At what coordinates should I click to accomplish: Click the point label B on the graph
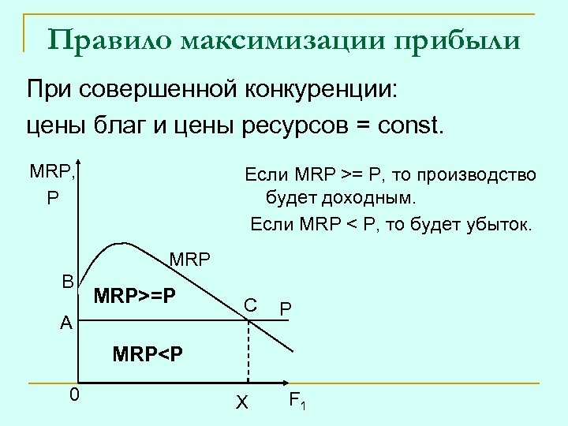69,282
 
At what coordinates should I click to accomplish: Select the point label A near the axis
66,323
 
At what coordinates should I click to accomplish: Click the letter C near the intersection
249,305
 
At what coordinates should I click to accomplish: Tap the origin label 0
73,394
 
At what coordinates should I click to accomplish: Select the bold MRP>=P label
134,297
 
